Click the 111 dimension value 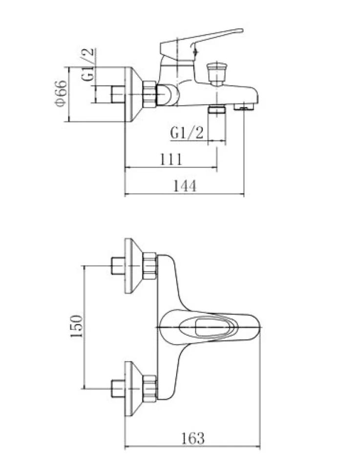point(171,159)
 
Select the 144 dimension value point(184,186)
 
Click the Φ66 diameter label point(61,93)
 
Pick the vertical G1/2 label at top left point(88,65)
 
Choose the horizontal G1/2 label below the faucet point(187,132)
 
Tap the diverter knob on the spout point(215,73)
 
